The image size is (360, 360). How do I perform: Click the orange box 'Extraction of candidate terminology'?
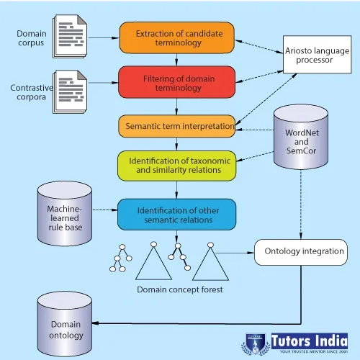[177, 37]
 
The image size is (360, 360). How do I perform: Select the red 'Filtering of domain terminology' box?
[177, 82]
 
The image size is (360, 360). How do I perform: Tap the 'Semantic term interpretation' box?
[177, 126]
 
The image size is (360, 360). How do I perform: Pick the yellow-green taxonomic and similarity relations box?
[177, 166]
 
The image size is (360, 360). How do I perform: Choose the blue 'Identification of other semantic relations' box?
[177, 215]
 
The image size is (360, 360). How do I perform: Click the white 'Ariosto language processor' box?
[318, 55]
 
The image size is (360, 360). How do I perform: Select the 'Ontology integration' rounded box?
[301, 252]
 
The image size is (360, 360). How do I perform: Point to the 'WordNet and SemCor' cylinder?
[301, 137]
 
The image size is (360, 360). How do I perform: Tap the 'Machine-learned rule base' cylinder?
[65, 214]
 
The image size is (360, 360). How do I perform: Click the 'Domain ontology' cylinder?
[65, 324]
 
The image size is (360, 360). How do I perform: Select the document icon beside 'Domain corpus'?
[70, 37]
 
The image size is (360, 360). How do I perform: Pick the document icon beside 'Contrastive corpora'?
[70, 91]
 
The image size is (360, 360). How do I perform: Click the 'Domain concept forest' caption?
[180, 289]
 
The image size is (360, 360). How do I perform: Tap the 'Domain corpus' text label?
[32, 38]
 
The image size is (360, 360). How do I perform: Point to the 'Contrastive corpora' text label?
[32, 92]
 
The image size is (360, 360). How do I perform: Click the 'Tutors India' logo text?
[310, 341]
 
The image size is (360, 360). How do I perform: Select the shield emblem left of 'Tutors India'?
[256, 344]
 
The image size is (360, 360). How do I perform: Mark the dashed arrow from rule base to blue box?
[105, 210]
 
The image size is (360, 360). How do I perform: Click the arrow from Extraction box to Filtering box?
[176, 60]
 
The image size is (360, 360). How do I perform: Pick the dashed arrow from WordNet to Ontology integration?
[301, 204]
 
